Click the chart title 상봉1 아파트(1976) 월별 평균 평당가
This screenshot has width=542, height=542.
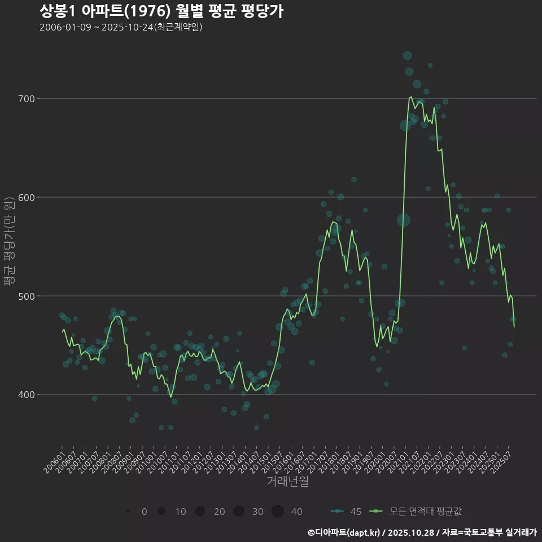click(161, 11)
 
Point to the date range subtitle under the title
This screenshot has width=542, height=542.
click(121, 27)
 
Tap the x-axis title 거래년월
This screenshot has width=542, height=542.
click(288, 482)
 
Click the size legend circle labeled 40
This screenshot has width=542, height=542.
click(277, 512)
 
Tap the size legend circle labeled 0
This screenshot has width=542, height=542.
click(129, 512)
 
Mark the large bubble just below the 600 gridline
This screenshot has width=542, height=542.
click(403, 220)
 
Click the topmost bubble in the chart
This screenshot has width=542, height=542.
click(408, 55)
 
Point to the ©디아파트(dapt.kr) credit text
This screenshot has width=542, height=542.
click(344, 532)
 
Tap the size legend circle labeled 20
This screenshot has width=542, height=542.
click(200, 512)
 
